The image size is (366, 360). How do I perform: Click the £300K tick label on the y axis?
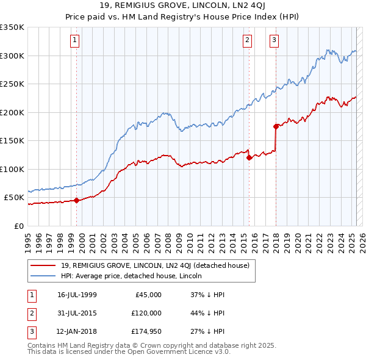(x=12, y=56)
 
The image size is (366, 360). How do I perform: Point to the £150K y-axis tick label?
(x=12, y=140)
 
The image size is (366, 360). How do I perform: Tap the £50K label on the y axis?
(x=14, y=197)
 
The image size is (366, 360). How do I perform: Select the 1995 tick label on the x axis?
(x=28, y=238)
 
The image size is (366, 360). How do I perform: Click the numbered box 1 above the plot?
(x=74, y=41)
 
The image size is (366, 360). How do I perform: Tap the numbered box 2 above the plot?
(x=247, y=41)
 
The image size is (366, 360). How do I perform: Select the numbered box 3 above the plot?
(x=274, y=41)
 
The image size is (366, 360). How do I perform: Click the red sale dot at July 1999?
(x=77, y=200)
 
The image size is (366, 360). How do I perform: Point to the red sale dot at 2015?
(x=249, y=157)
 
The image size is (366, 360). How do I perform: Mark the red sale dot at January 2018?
(x=276, y=126)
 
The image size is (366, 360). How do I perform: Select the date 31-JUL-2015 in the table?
(x=77, y=314)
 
